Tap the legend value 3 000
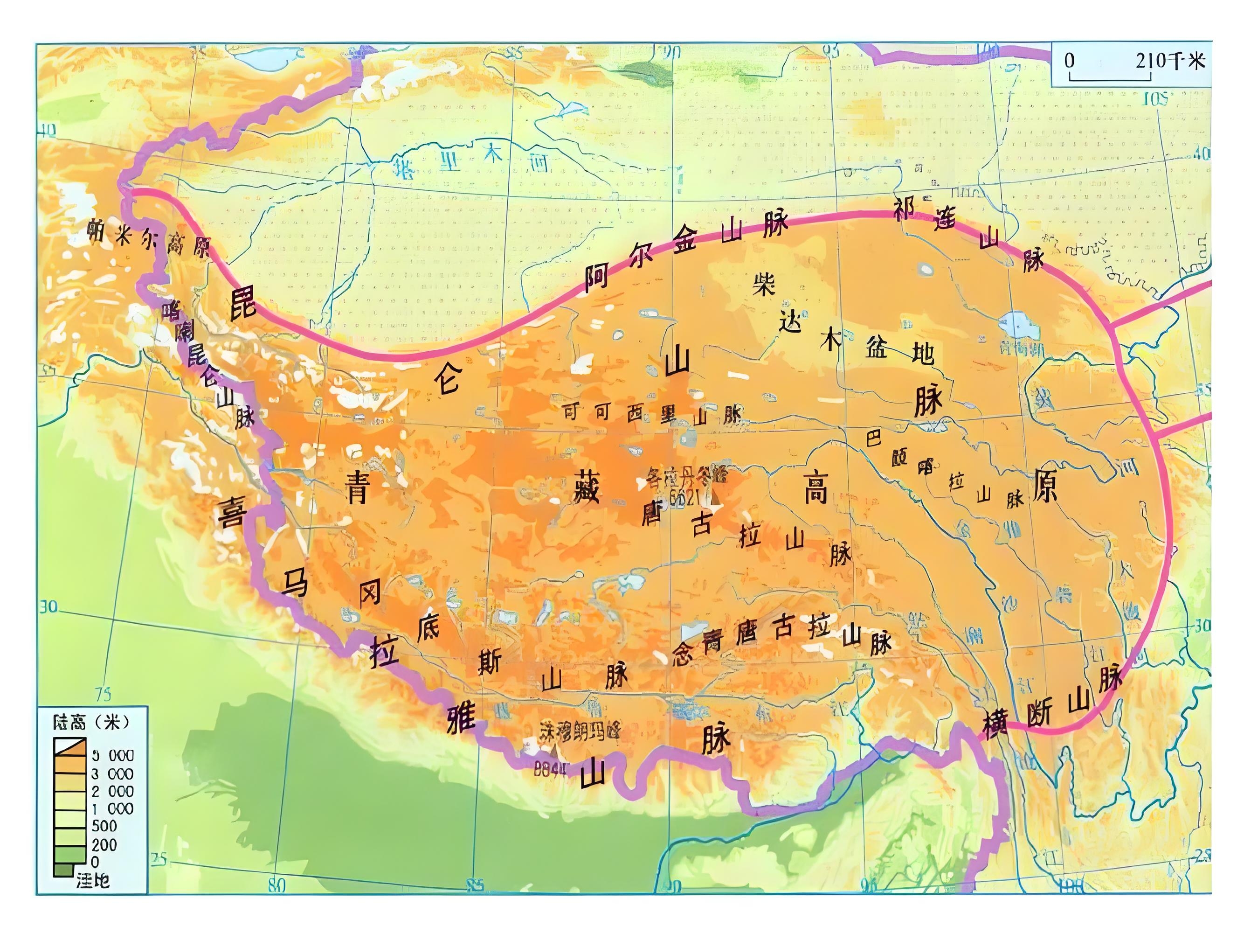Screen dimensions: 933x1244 (112, 774)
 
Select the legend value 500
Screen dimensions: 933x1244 (104, 826)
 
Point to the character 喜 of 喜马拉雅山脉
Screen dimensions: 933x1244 (231, 512)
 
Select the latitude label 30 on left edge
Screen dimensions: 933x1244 (49, 606)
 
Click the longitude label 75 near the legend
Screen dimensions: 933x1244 (103, 693)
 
